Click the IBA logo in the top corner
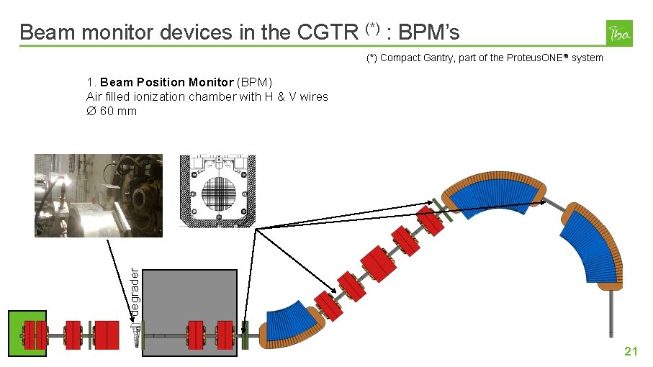620,33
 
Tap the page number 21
631,351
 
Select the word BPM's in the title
429,32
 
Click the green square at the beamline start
27,333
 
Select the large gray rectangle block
191,309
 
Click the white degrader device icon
135,332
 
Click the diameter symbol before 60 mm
91,111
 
